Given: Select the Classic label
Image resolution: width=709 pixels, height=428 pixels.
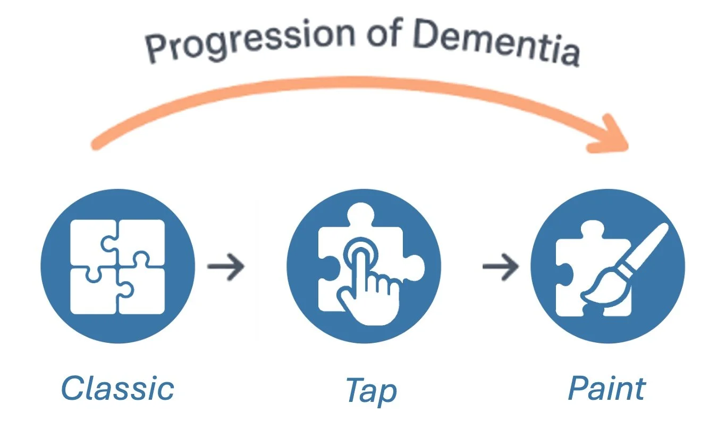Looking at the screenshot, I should coord(117,388).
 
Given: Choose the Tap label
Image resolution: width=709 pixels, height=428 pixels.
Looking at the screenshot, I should coord(371,391).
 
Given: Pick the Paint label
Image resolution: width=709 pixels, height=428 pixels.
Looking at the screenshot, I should coord(606,388).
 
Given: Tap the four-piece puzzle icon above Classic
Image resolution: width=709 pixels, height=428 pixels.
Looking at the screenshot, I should coord(117,266).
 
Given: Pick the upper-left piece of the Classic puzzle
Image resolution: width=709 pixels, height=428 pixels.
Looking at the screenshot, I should coord(93,242).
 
